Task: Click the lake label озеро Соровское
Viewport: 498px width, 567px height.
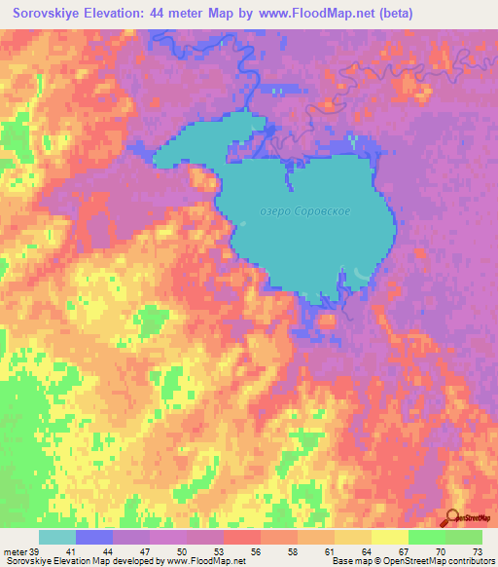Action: pyautogui.click(x=306, y=210)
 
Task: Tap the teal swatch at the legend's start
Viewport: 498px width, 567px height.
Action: pyautogui.click(x=57, y=537)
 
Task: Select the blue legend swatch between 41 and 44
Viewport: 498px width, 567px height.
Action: pyautogui.click(x=95, y=537)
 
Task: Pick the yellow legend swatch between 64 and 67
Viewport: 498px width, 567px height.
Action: pyautogui.click(x=390, y=537)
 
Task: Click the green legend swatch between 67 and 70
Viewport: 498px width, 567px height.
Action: pyautogui.click(x=427, y=537)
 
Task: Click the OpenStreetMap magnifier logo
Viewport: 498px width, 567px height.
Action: pyautogui.click(x=452, y=517)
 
